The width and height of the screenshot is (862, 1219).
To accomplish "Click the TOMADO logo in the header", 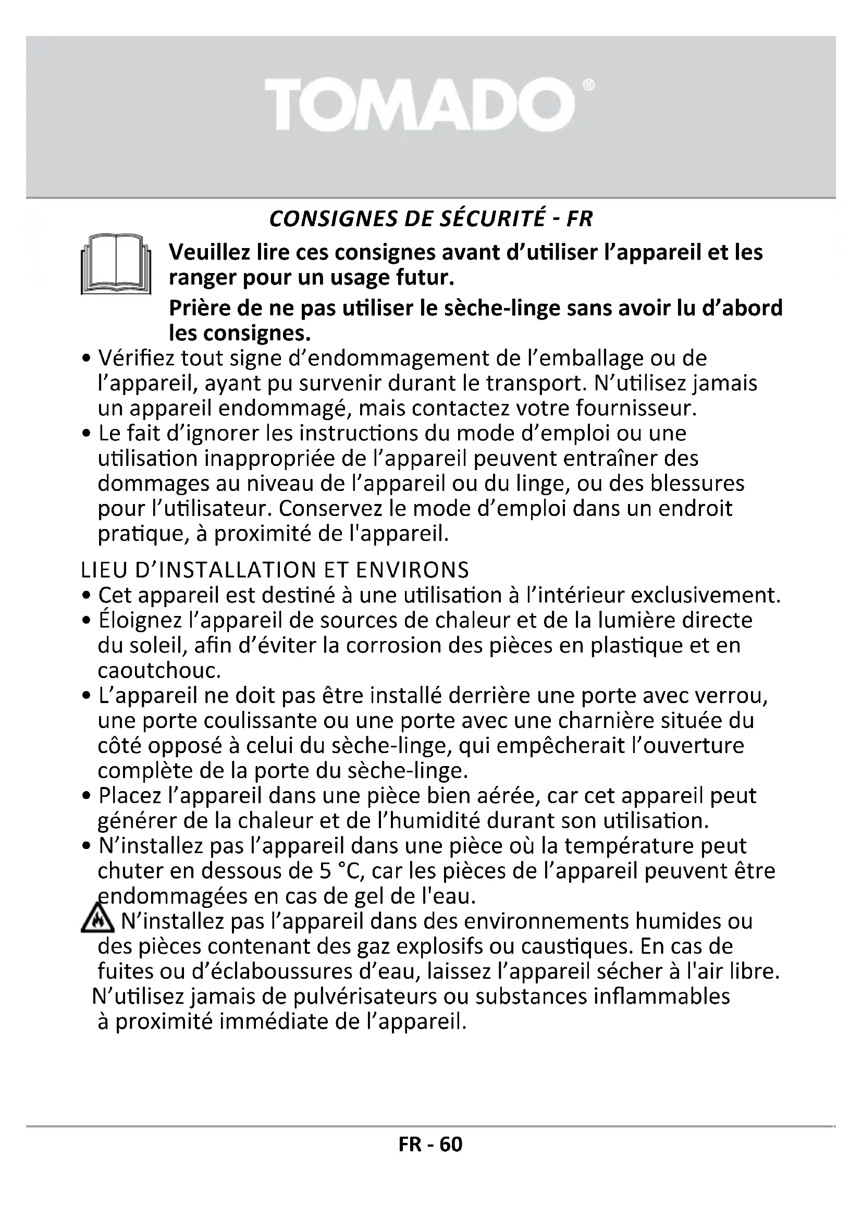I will pos(420,105).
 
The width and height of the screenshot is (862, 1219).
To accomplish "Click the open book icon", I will pos(116,264).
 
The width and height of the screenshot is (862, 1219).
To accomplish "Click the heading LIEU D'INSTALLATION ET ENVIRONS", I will pos(275,570).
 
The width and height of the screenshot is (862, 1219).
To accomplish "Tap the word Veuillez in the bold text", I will pos(208,252).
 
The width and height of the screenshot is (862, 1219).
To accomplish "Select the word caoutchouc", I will pos(159,671).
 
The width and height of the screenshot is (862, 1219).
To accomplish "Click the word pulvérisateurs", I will pos(358,996).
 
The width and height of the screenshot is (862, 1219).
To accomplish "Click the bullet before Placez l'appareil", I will pos(87,797).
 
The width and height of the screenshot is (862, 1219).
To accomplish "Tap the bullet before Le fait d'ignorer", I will pos(87,434).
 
